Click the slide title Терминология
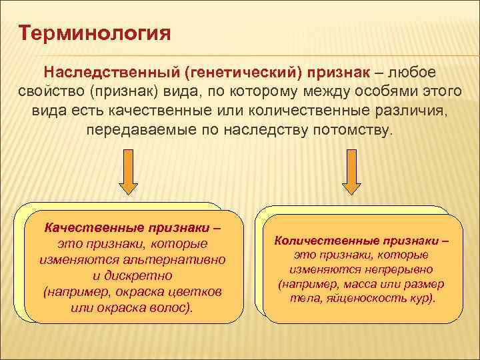pyautogui.click(x=95, y=32)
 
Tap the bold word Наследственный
pyautogui.click(x=114, y=71)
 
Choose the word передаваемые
pyautogui.click(x=143, y=129)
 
